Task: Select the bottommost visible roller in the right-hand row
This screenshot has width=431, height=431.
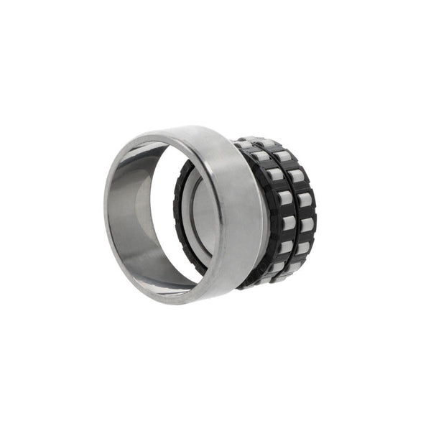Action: [295, 267]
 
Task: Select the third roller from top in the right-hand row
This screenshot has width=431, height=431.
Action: [304, 199]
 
